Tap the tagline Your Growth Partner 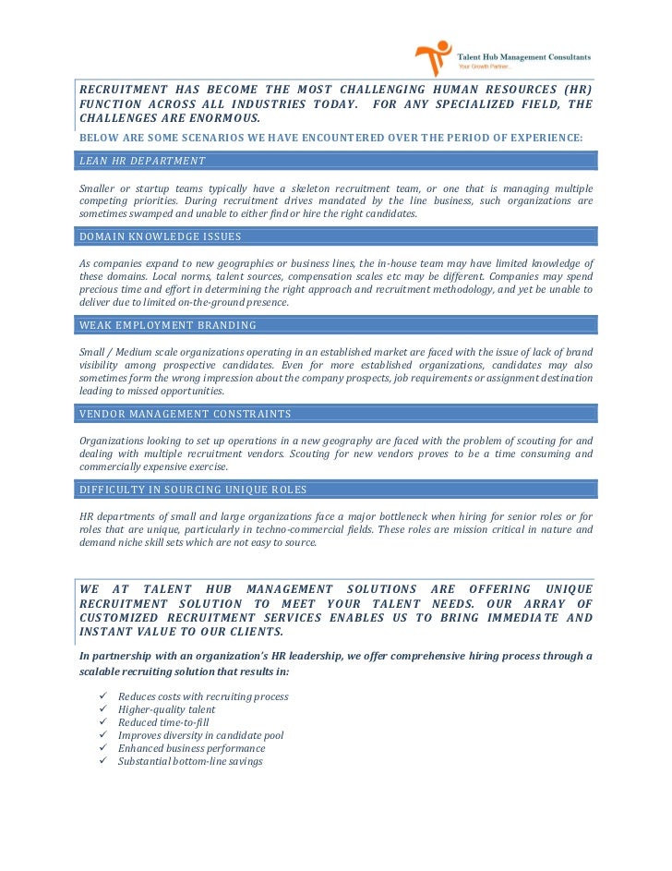(x=492, y=67)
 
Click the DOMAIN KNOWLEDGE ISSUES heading (x=161, y=236)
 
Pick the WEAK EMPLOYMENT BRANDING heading (x=168, y=325)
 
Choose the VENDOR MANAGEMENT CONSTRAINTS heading (x=186, y=414)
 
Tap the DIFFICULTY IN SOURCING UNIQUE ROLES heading (x=194, y=490)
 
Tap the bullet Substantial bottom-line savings (x=190, y=761)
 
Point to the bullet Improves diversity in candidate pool (x=200, y=735)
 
